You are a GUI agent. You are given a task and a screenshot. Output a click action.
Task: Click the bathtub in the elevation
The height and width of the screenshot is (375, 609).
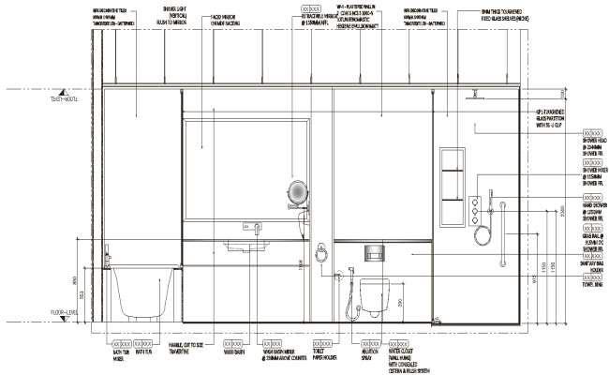[x=139, y=292]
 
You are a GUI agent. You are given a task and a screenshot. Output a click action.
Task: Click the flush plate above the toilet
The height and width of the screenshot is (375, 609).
[x=375, y=251]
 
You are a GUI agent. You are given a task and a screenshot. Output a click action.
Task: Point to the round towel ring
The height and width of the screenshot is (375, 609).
[x=321, y=252]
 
